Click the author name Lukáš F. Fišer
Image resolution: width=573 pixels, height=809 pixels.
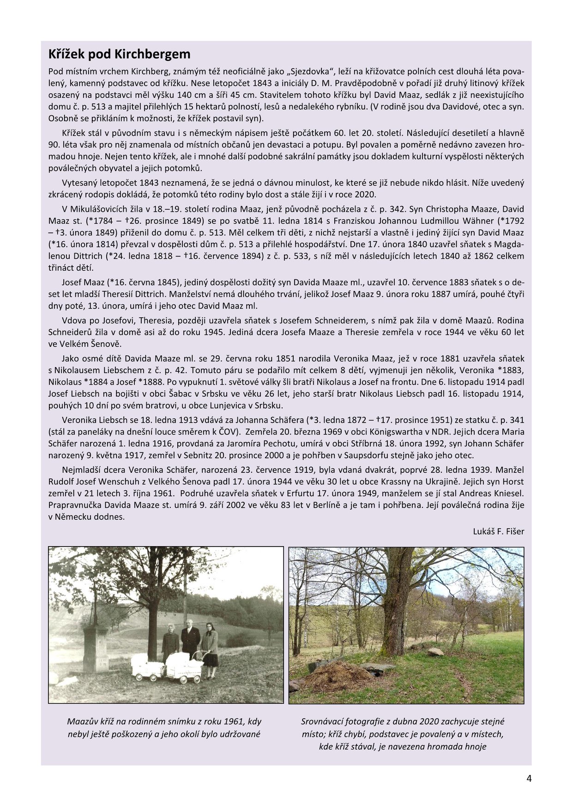coord(498,531)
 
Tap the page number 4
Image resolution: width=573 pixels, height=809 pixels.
coord(529,779)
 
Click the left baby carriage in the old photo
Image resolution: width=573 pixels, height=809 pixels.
coord(147,667)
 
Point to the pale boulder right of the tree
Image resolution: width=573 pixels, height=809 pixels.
coord(435,652)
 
